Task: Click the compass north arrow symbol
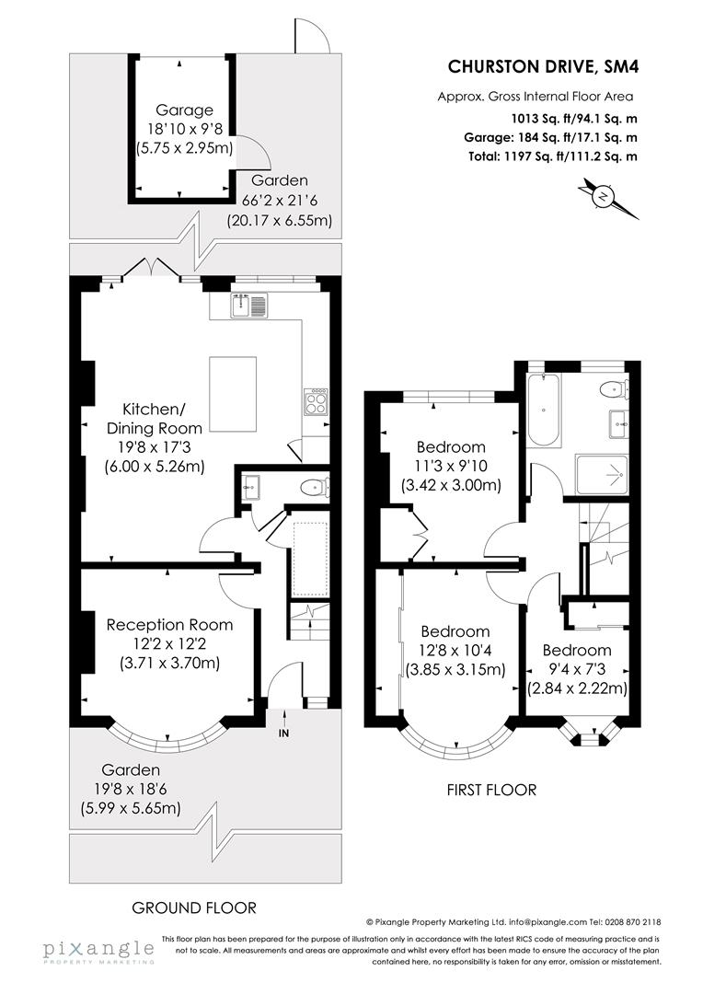coord(604,196)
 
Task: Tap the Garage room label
coord(184,110)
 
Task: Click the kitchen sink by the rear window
coord(248,304)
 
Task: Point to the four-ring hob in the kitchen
coord(315,401)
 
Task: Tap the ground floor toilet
coord(316,487)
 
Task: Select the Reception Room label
coord(169,624)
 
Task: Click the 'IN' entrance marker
coord(282,733)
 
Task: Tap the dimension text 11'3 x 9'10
coord(450,467)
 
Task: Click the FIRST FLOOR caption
coord(491,790)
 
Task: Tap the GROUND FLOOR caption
coord(194,907)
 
